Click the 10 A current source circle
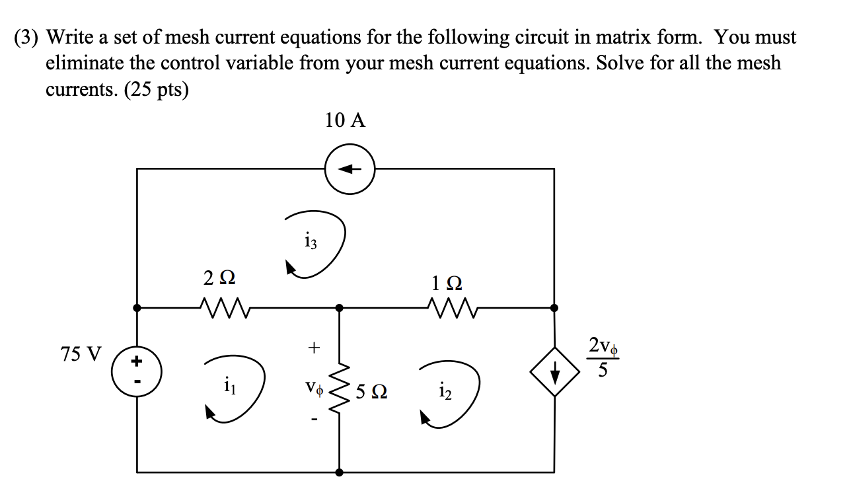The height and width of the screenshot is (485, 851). tap(350, 169)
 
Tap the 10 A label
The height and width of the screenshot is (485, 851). tap(345, 121)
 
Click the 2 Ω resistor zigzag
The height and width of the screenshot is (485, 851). tap(221, 307)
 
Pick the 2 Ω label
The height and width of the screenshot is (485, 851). tap(219, 280)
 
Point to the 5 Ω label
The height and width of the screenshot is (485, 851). tap(371, 392)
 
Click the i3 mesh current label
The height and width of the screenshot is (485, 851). tap(311, 242)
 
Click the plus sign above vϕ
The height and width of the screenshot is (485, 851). tap(314, 346)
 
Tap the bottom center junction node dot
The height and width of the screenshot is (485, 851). tap(339, 472)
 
